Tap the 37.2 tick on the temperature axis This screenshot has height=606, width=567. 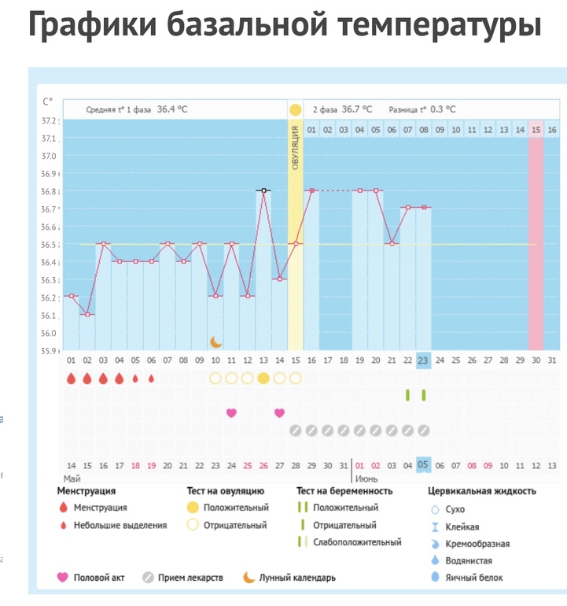pyautogui.click(x=50, y=120)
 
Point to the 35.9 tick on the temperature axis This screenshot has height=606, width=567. pyautogui.click(x=50, y=350)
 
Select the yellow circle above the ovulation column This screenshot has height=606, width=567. pyautogui.click(x=295, y=110)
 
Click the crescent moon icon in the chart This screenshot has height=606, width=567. pyautogui.click(x=215, y=342)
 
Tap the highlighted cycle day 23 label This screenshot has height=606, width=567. pyautogui.click(x=423, y=360)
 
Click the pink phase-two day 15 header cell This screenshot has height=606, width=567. pyautogui.click(x=536, y=129)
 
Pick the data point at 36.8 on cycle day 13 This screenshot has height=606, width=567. pyautogui.click(x=263, y=190)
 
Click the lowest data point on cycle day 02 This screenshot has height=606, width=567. pyautogui.click(x=87, y=314)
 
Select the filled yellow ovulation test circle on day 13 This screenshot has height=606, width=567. pyautogui.click(x=263, y=378)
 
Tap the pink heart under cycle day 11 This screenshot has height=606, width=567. pyautogui.click(x=231, y=412)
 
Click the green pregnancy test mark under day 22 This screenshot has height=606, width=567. pyautogui.click(x=407, y=394)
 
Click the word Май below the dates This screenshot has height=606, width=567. pyautogui.click(x=72, y=478)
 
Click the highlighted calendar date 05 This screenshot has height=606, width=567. pyautogui.click(x=423, y=464)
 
